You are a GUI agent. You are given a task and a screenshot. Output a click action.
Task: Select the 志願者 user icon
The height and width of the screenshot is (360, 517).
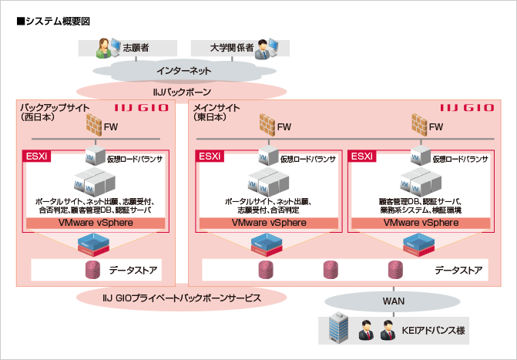[x=106, y=49]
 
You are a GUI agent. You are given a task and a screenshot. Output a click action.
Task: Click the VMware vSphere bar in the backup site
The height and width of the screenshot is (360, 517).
[x=96, y=223]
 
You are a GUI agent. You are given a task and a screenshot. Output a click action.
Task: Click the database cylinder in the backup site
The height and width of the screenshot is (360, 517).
[x=94, y=271]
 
